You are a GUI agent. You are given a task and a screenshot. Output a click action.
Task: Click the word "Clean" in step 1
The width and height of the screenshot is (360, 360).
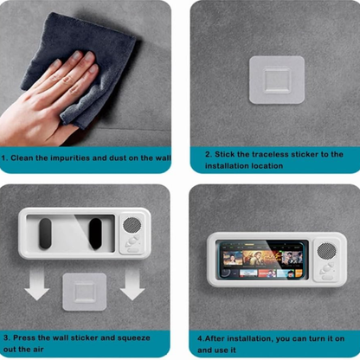click(x=22, y=158)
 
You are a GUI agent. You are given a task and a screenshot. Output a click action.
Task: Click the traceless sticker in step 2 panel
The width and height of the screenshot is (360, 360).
click(x=277, y=80)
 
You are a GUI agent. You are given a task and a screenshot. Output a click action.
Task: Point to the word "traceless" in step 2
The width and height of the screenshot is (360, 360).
click(x=270, y=154)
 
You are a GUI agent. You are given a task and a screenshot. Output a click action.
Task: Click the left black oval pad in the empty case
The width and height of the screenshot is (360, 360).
click(x=45, y=234)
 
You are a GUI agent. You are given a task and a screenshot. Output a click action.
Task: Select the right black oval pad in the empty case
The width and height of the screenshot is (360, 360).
click(x=95, y=234)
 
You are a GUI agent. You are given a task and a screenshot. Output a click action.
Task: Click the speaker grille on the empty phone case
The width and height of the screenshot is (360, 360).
click(x=132, y=225)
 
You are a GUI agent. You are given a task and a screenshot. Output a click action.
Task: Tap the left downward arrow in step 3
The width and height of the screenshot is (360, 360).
click(x=36, y=283)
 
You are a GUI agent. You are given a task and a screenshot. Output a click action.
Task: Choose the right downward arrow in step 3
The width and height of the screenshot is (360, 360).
click(x=132, y=283)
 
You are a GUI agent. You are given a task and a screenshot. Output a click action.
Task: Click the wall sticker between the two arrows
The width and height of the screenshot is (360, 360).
click(x=85, y=292)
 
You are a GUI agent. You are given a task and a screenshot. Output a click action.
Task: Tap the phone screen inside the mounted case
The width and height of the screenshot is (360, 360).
click(x=262, y=260)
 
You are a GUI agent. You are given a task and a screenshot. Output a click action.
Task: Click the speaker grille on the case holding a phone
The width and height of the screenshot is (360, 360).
click(x=326, y=251)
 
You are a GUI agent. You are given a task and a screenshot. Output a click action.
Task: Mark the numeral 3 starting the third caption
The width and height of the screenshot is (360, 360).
click(x=6, y=337)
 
